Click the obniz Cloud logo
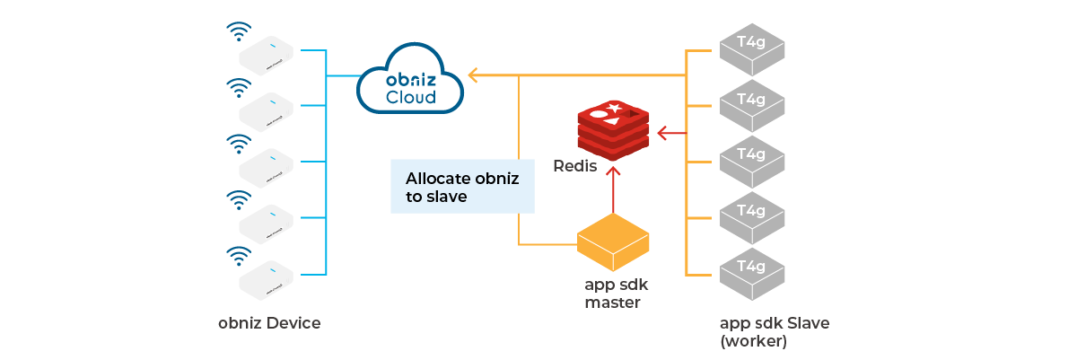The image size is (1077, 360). point(409,84)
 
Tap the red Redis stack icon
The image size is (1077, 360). point(613,128)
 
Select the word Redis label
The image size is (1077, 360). point(575,166)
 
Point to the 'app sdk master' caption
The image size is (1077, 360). point(614,294)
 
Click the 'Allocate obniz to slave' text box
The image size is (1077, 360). point(462,187)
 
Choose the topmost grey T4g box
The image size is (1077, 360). point(751,50)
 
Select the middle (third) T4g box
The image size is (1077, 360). point(751,161)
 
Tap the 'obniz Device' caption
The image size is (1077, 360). point(269,323)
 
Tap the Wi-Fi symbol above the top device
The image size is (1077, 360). point(238,31)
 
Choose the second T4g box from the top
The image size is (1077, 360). point(751,106)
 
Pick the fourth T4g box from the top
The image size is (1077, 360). point(751,216)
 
